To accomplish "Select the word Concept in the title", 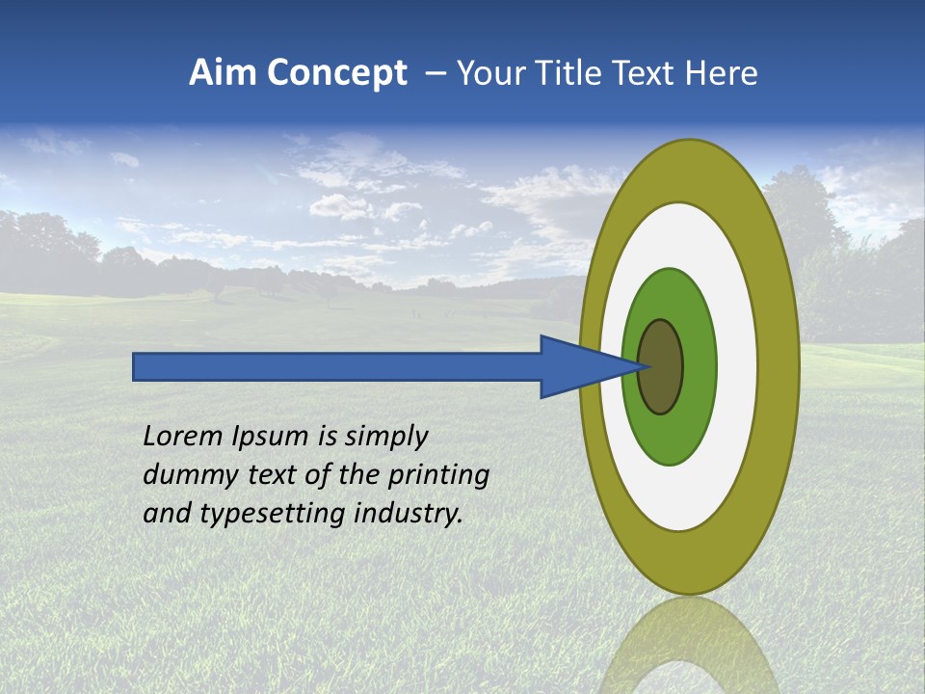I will pos(336,73).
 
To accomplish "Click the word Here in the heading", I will pos(721,73).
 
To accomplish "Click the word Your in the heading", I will pos(487,73).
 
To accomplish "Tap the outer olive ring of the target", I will pos(780,366).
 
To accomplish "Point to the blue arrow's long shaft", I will pos(337,367).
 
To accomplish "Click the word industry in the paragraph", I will pos(409,514).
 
